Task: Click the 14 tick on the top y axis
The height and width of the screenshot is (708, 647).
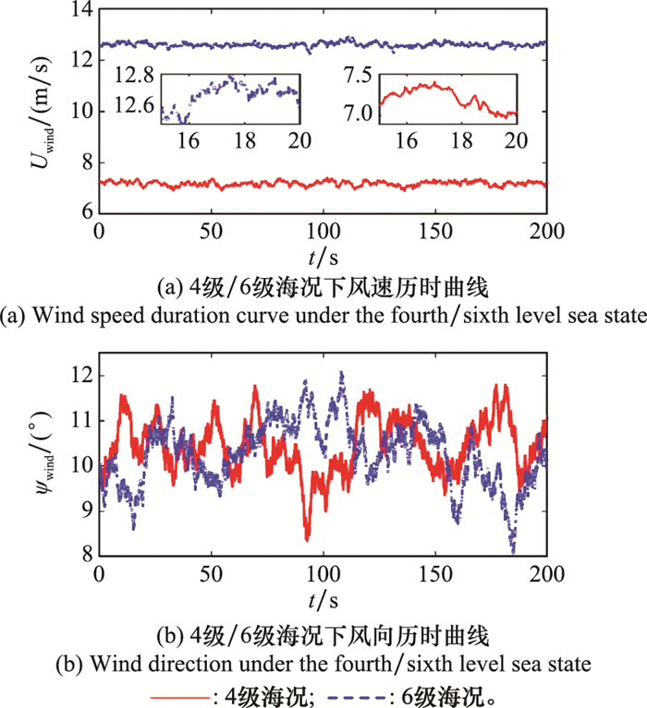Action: (80, 10)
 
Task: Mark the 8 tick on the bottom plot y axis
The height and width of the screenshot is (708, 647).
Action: (85, 554)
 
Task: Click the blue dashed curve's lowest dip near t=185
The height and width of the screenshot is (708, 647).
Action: (513, 550)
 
